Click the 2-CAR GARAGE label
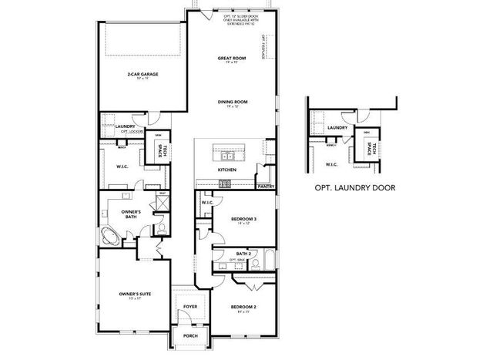(143, 75)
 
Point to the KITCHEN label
(226, 170)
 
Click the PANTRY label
(266, 186)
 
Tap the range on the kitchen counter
(224, 183)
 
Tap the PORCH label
(189, 336)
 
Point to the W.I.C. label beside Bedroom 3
(207, 204)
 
